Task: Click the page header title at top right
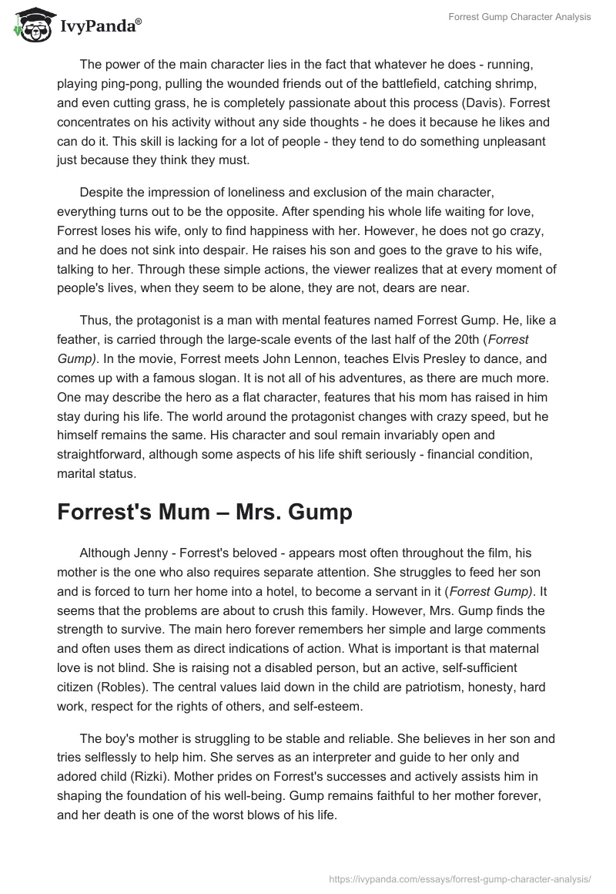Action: click(520, 17)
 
